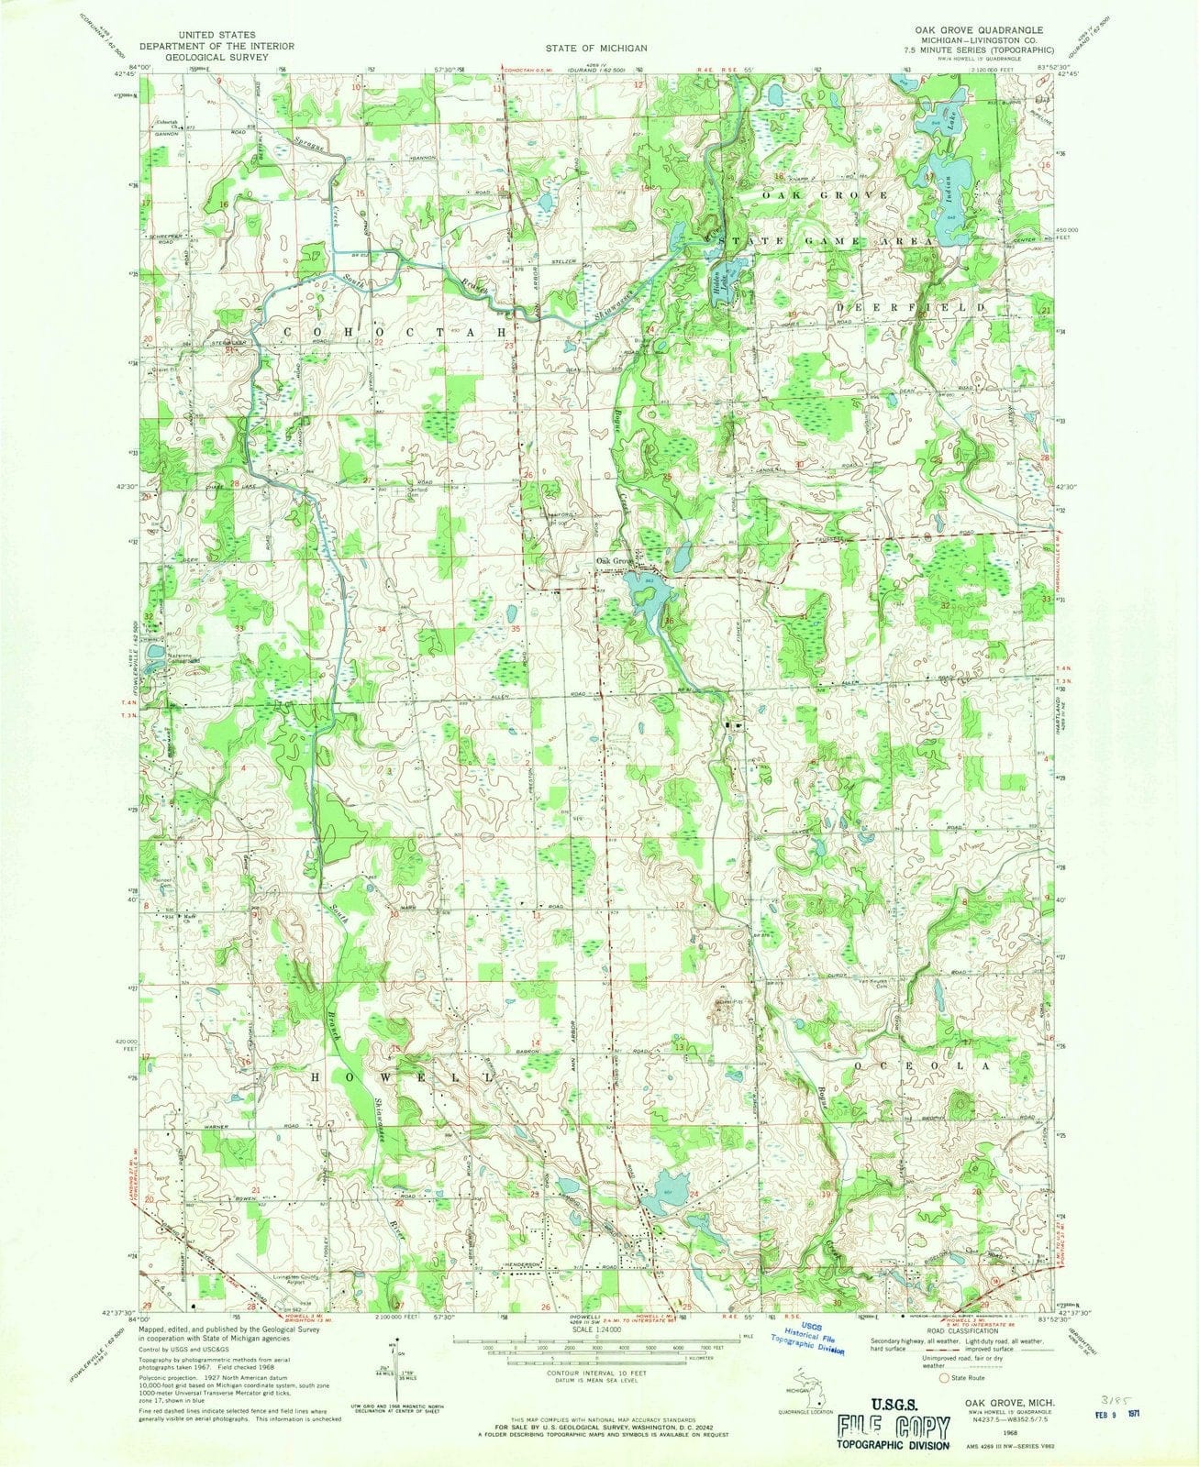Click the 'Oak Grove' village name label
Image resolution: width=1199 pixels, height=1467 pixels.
coord(615,560)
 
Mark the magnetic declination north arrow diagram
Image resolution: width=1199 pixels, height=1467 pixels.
coord(385,1368)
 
